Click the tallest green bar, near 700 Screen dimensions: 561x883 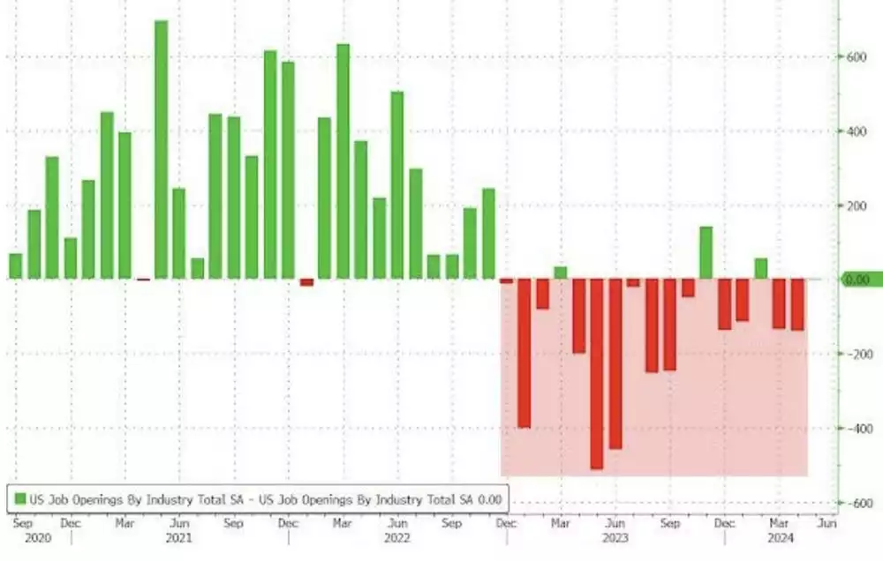pos(162,150)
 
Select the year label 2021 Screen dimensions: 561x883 pos(179,536)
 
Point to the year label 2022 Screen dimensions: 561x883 pos(397,536)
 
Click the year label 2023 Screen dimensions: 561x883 pos(615,536)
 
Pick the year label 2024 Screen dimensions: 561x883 pos(779,536)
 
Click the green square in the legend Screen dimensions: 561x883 pos(19,500)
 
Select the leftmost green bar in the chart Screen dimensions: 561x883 pos(16,266)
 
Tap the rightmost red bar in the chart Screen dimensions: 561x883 pos(797,305)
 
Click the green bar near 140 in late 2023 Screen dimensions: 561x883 pos(706,253)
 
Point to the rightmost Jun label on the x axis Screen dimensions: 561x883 pos(825,522)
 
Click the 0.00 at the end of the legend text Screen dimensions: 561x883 pos(490,500)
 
